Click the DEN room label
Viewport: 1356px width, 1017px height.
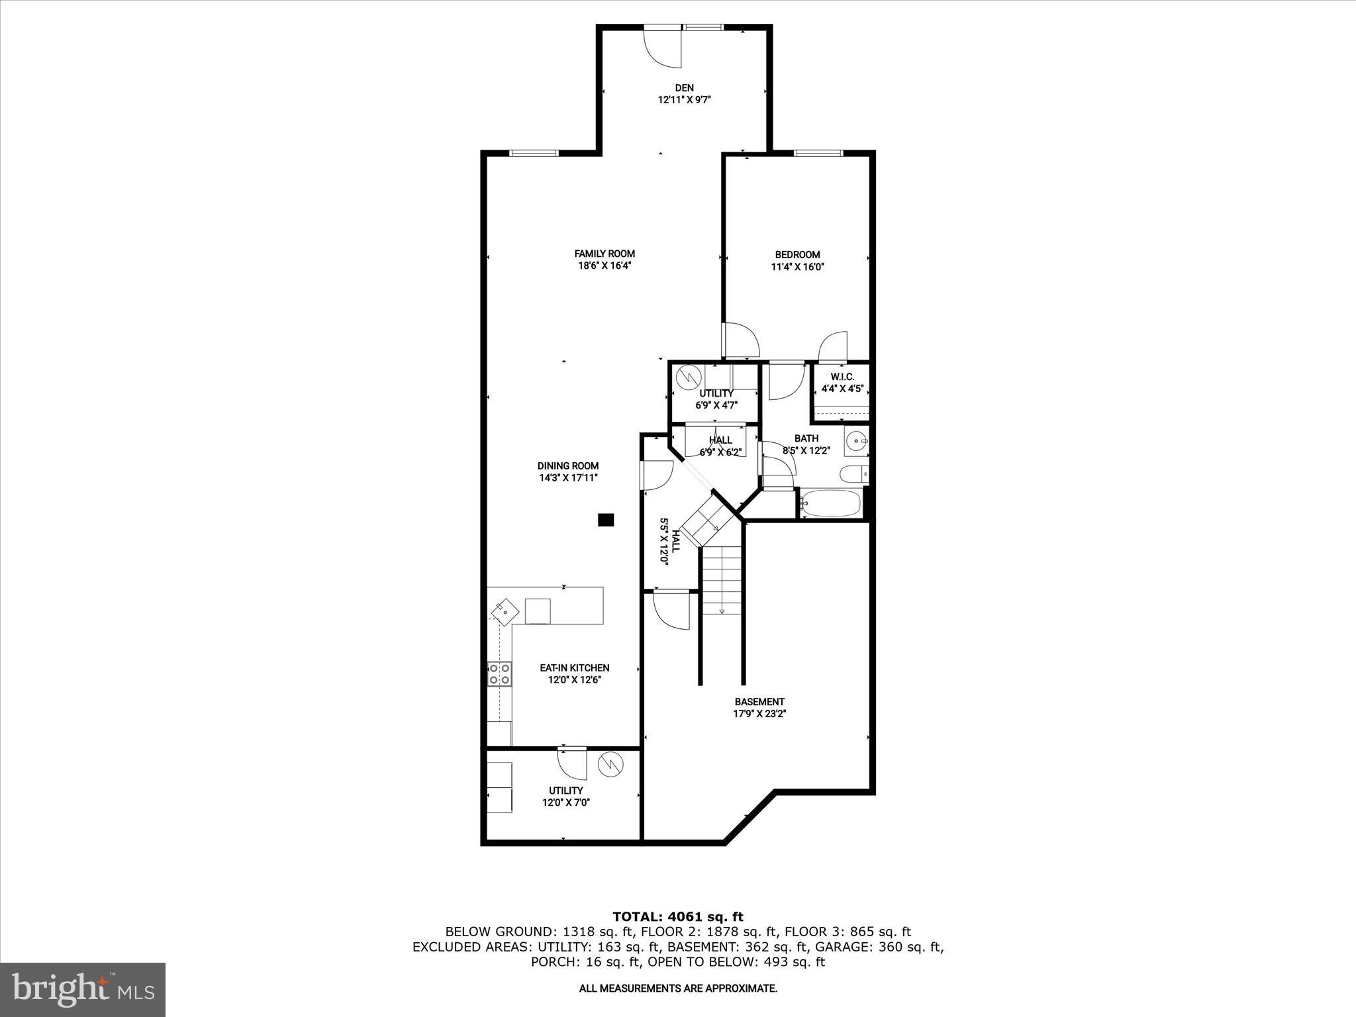point(684,87)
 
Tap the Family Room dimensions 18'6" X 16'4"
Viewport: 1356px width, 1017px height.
point(604,266)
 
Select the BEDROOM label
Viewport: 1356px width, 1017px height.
point(797,255)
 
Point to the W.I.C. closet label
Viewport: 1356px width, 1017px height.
point(842,377)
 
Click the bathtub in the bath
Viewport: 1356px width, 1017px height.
point(830,505)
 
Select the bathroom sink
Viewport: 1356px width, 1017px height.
point(856,441)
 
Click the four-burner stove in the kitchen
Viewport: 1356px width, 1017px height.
point(500,674)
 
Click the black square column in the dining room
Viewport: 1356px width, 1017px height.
point(605,520)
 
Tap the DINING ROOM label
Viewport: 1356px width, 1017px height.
point(567,466)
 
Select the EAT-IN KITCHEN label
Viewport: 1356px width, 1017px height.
point(574,668)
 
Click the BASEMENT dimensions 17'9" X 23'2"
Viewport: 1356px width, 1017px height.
point(759,714)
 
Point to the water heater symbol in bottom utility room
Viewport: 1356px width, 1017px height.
point(610,765)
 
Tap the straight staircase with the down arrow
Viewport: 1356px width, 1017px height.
point(722,579)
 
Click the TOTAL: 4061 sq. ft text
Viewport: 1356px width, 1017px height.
point(678,916)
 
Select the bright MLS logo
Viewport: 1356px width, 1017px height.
point(83,989)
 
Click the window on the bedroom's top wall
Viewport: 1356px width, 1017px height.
point(818,154)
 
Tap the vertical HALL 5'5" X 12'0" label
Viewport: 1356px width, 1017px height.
point(669,541)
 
